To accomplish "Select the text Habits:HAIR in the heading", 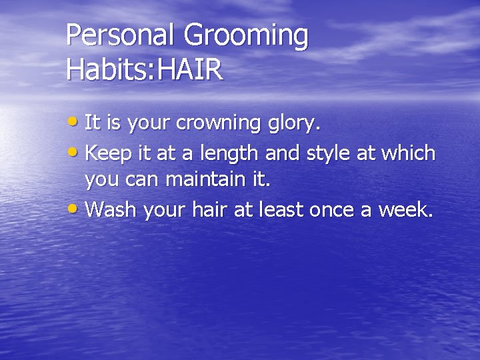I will tap(145, 70).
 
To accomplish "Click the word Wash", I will tap(110, 211).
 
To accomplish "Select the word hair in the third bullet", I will tap(212, 211).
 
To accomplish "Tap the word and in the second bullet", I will tap(283, 153).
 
